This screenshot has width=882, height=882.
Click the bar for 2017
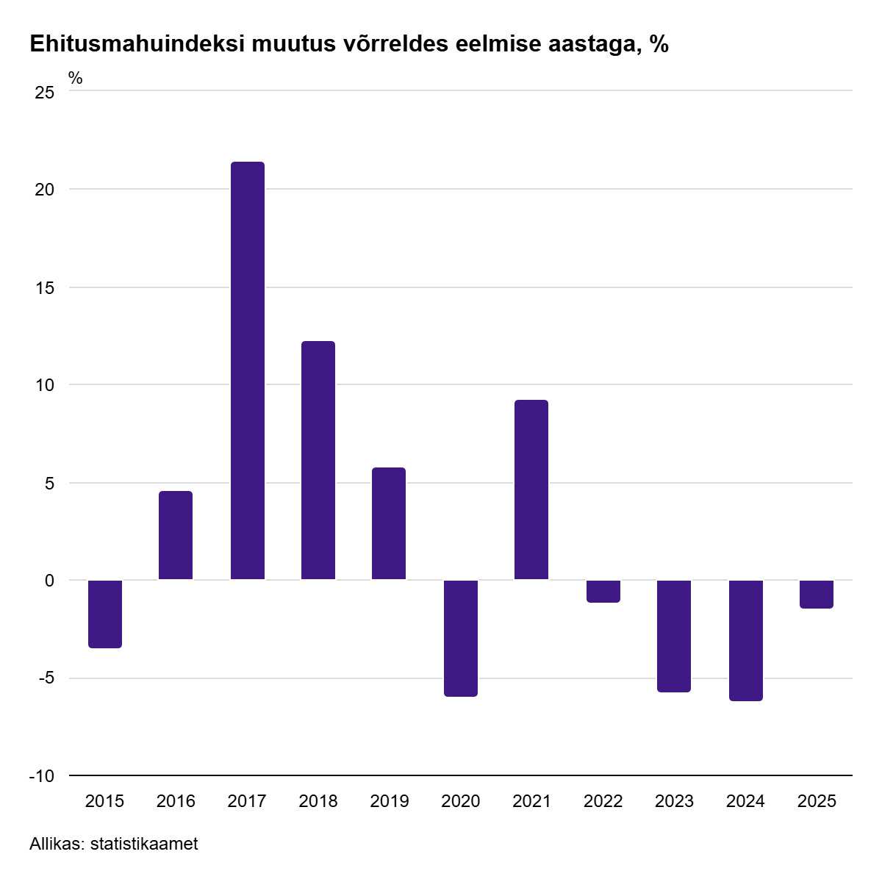[x=247, y=371]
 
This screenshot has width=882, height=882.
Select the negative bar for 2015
[x=105, y=614]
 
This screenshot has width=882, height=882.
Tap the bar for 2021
[x=531, y=490]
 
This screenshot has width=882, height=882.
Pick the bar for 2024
[x=745, y=640]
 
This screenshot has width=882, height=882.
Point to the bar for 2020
[x=461, y=638]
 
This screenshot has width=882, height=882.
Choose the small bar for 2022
[x=603, y=592]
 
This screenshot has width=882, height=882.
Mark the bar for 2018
[x=318, y=461]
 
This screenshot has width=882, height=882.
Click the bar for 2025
[x=817, y=595]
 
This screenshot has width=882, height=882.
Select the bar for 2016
[x=176, y=536]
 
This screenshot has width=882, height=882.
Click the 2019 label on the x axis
[x=389, y=801]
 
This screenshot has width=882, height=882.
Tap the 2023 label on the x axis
[x=674, y=801]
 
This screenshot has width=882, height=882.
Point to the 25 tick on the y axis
[x=46, y=92]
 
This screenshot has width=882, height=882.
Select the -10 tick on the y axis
[x=41, y=776]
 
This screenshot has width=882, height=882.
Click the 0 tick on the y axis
[x=50, y=581]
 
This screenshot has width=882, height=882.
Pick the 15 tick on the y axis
[x=46, y=287]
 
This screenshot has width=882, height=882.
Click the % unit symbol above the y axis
[x=76, y=78]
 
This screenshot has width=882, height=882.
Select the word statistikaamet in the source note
[x=144, y=844]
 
